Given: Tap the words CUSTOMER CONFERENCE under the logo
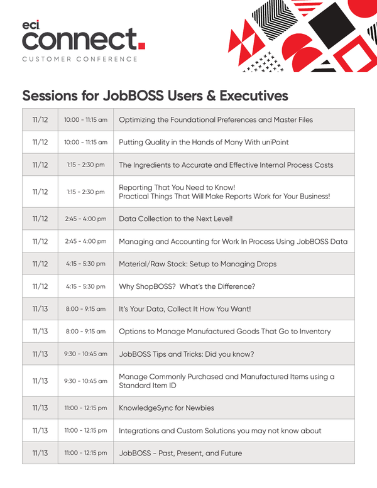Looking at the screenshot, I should click(x=79, y=59).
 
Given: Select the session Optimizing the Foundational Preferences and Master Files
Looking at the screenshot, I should click(x=216, y=120).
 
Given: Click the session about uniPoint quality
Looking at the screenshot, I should click(x=204, y=143).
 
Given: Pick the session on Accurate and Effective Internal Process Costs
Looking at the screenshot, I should click(x=226, y=165).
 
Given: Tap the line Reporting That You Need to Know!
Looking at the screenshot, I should click(x=177, y=187).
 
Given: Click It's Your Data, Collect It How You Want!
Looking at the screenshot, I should click(x=185, y=309).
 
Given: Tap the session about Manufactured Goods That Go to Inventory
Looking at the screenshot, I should click(x=224, y=331).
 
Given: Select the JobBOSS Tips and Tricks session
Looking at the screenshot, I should click(x=186, y=354).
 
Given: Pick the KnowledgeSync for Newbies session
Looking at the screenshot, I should click(x=166, y=408).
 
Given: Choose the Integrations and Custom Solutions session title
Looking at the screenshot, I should click(x=220, y=431).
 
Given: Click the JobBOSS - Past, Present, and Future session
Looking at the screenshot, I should click(x=180, y=453).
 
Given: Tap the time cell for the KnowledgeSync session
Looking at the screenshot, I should click(x=85, y=408).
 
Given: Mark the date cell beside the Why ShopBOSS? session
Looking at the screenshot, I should click(x=40, y=286).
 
